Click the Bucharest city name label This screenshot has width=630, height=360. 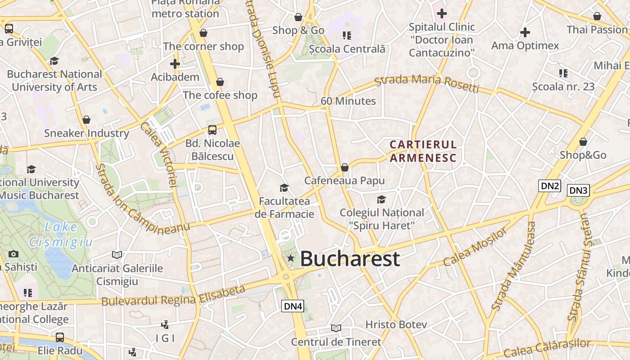point(350,259)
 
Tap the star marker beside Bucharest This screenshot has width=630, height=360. point(291,258)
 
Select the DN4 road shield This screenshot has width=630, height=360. point(293,306)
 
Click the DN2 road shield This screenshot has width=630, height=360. point(549,185)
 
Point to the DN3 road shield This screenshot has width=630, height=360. point(578,190)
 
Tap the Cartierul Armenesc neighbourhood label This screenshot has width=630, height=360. point(423,151)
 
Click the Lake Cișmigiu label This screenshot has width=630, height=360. point(61,234)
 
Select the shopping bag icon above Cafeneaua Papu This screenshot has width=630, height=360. point(345,167)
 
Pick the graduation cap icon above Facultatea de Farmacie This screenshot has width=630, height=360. point(284,188)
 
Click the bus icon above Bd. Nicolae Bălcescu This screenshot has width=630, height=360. point(212,130)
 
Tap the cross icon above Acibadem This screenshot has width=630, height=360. point(175,64)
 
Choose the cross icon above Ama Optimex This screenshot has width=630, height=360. point(525,32)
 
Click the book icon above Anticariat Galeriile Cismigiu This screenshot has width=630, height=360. point(117,255)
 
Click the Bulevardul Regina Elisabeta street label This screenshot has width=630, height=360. point(173,296)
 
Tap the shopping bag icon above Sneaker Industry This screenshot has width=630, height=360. point(86,120)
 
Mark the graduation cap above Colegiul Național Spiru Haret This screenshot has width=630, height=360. point(381,199)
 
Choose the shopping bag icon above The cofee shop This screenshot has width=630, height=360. point(220,82)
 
